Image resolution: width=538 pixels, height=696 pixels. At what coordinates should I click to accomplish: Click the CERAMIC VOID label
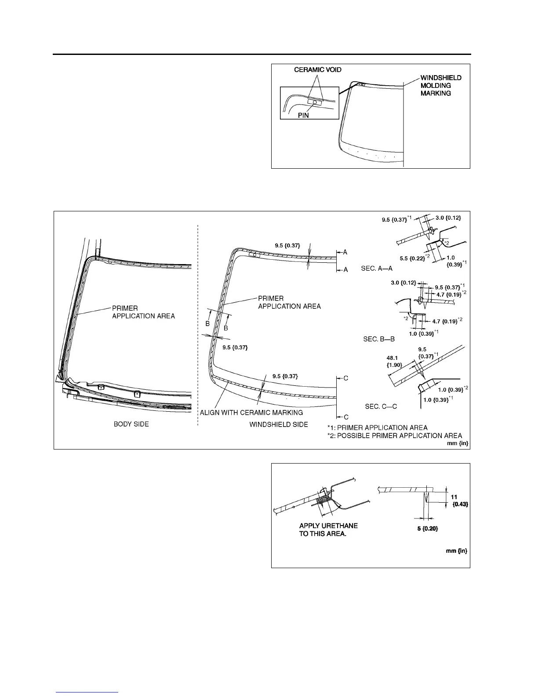click(318, 70)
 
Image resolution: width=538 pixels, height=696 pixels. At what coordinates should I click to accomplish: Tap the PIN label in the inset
click(303, 116)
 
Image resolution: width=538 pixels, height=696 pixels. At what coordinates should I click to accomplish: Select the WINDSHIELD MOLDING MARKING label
click(441, 85)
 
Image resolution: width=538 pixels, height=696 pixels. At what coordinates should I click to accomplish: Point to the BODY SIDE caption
click(131, 424)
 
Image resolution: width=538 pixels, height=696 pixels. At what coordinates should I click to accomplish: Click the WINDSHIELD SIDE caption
click(279, 424)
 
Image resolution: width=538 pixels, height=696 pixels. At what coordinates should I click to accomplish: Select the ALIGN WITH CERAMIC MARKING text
click(251, 413)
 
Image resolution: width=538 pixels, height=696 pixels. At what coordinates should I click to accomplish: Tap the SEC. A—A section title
click(377, 268)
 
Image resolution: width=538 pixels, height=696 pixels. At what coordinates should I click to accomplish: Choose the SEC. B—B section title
click(379, 339)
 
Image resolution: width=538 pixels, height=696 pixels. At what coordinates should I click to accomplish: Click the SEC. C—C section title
click(381, 406)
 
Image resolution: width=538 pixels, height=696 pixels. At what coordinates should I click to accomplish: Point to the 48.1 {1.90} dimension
click(393, 361)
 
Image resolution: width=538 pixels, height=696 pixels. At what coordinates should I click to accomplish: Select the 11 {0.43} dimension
click(459, 501)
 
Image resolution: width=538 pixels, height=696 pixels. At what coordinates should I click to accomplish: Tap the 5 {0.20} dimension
click(427, 529)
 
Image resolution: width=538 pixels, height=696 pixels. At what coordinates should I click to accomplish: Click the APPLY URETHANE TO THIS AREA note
click(328, 530)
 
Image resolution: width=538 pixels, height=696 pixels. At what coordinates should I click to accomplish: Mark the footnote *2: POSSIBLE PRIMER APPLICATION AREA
click(394, 435)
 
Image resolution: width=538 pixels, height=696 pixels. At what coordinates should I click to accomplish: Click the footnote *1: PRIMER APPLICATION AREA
click(377, 428)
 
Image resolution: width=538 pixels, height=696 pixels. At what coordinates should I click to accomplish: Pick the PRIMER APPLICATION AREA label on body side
click(143, 312)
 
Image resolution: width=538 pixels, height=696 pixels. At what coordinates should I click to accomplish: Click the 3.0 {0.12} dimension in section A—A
click(448, 217)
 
